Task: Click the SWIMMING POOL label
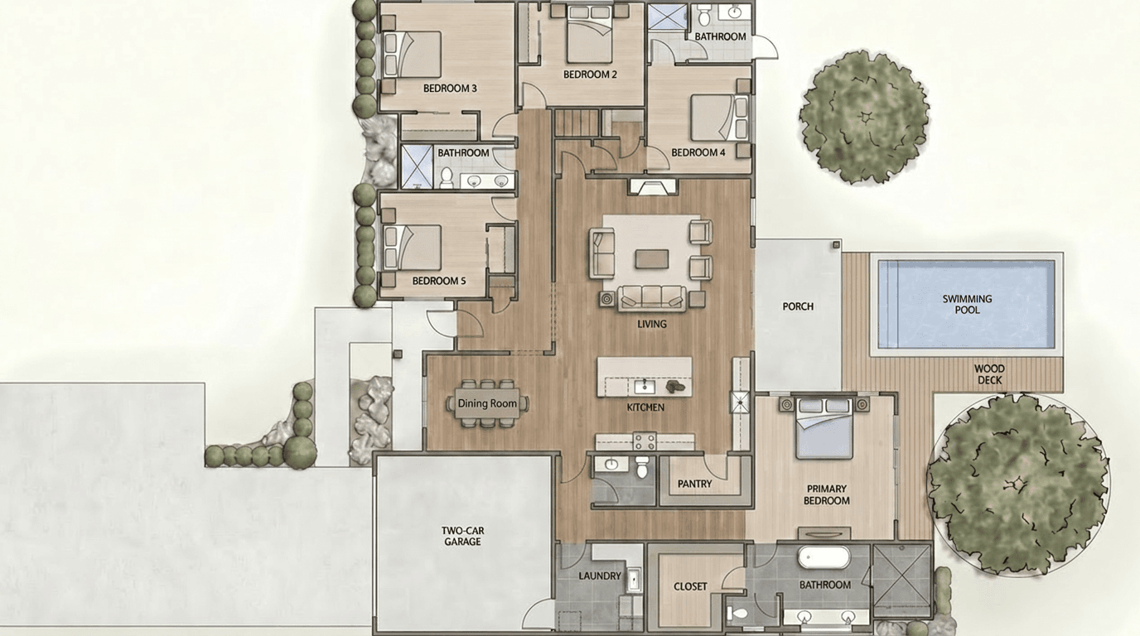click(967, 304)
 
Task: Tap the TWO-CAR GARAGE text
click(462, 537)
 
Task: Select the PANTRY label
click(694, 484)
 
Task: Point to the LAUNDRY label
click(600, 576)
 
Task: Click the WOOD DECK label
click(989, 374)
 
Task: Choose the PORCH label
click(798, 306)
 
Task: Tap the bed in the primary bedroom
click(824, 428)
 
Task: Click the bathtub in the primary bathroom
click(824, 557)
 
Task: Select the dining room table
click(487, 403)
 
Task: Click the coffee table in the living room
click(652, 258)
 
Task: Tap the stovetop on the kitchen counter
click(645, 441)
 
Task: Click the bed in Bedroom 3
click(412, 55)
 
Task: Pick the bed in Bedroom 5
click(412, 248)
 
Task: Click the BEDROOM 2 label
click(590, 75)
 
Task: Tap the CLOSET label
click(690, 586)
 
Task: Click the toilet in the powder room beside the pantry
click(642, 467)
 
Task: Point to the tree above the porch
click(864, 117)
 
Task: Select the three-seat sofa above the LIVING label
click(652, 297)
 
